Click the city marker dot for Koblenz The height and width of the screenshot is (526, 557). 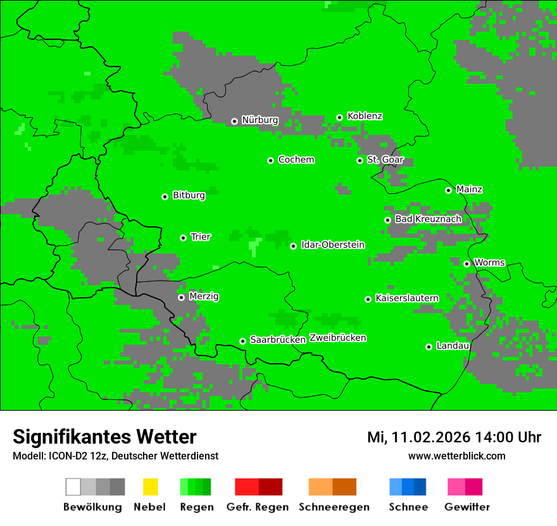tap(339, 117)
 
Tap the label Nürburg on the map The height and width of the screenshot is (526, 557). tap(260, 120)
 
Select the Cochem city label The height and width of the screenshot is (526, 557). tap(296, 160)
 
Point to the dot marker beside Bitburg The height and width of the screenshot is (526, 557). tap(165, 196)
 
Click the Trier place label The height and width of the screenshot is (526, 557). tap(201, 237)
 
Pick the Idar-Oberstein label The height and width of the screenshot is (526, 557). tap(332, 245)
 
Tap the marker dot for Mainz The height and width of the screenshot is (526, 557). tap(448, 190)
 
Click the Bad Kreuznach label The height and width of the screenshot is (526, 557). tap(428, 219)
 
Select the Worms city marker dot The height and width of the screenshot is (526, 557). tap(466, 264)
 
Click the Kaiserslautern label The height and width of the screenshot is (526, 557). tap(406, 298)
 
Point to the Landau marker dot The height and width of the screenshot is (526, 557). tap(429, 347)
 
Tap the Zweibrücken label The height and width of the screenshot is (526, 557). tap(337, 338)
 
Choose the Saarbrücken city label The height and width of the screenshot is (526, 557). tap(278, 340)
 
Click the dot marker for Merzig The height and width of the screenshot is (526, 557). tap(181, 297)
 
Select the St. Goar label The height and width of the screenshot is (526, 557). tap(385, 160)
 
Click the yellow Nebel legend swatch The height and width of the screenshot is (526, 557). tap(150, 487)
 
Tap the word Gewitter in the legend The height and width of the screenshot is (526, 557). tap(467, 507)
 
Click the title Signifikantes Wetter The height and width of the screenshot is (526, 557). tap(104, 437)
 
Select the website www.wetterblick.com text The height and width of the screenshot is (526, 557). tap(456, 456)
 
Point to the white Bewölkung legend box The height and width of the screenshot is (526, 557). tap(73, 487)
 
